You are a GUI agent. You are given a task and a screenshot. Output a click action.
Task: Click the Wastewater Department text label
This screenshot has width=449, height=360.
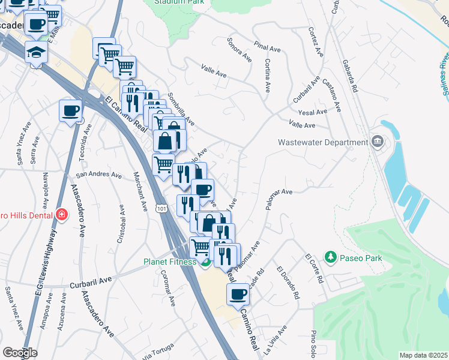coord(322,142)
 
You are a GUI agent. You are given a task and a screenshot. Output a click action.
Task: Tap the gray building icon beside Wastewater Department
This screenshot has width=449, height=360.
coord(377,142)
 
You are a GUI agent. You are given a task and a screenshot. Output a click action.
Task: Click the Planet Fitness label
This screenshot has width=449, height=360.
coord(169,262)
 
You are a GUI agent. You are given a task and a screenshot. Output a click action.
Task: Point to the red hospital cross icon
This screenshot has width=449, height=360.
coord(61,214)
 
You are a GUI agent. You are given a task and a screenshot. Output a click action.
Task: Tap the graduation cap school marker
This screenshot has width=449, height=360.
coord(37,53)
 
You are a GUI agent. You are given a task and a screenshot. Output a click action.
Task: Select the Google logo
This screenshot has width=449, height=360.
coord(19,353)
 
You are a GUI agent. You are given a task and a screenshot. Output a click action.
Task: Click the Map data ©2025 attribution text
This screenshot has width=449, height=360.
coord(423,355)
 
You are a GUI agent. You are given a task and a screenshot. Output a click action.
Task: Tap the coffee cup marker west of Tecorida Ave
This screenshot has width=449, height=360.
coord(71,111)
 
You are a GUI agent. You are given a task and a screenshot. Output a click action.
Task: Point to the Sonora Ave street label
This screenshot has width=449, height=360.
coord(239,50)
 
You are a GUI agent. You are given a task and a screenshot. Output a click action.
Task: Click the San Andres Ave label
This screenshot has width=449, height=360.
coord(99,175)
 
